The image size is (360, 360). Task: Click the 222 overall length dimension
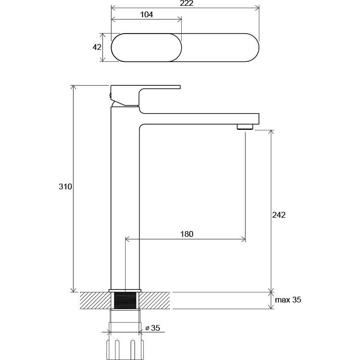(186, 3)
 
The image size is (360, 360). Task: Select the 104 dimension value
(147, 15)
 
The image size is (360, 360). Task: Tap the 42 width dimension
(97, 47)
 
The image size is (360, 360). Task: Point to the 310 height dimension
(65, 186)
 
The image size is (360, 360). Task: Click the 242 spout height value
(279, 215)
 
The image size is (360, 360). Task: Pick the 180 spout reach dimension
(186, 234)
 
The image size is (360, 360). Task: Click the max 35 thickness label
(288, 300)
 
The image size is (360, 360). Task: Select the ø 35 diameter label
(153, 328)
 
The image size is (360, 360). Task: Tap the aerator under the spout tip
(245, 127)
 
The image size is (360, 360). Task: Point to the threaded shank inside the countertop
(125, 300)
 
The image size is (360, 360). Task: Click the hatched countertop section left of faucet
(95, 300)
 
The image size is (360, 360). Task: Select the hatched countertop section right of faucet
(154, 300)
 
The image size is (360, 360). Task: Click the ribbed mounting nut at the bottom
(125, 349)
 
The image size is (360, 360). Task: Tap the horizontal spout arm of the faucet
(199, 119)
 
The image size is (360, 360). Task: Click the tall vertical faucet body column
(125, 197)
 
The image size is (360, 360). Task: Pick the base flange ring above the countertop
(125, 290)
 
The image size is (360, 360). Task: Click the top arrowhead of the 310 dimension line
(73, 87)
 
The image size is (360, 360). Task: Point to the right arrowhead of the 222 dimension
(256, 8)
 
